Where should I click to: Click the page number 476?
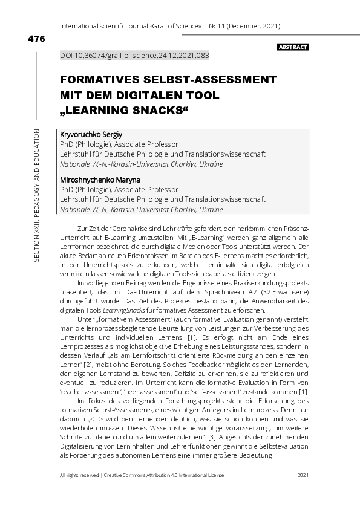(36, 39)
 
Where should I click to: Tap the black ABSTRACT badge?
(293, 47)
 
